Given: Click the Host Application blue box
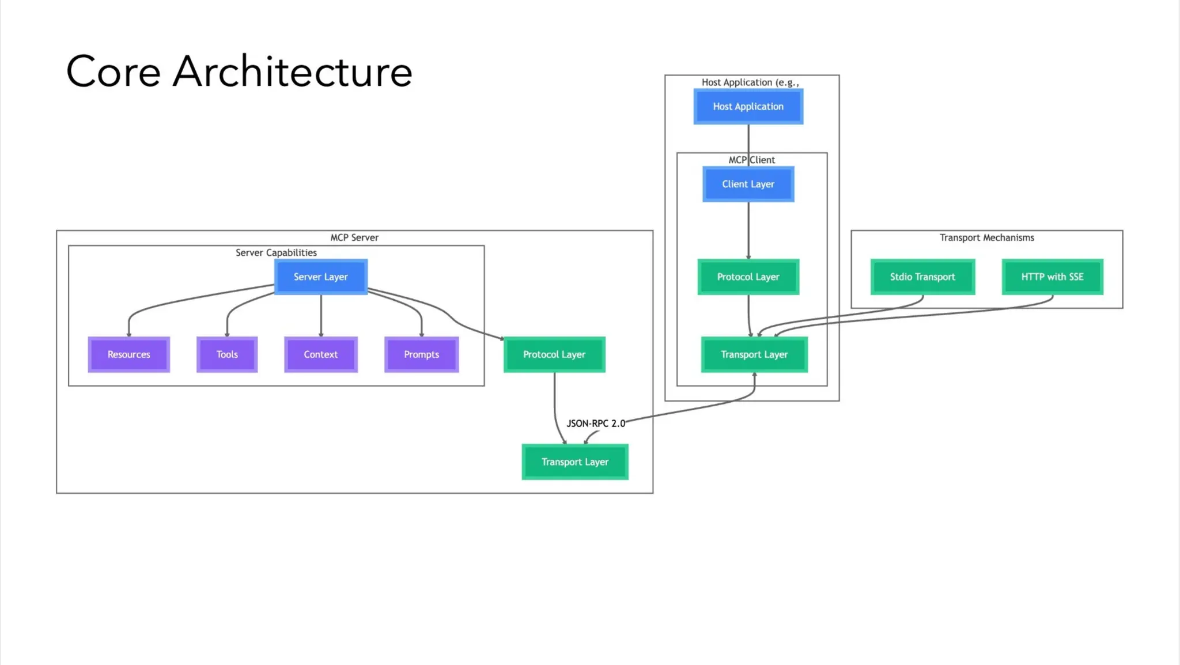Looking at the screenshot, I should pos(748,107).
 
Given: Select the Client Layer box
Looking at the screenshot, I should pos(748,184).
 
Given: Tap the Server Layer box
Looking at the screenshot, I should pos(320,277).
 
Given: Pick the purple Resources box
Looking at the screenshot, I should pos(128,354).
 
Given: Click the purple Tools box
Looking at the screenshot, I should pos(226,354).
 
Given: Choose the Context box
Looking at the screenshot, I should pos(320,354).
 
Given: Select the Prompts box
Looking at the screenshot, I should pos(421,354).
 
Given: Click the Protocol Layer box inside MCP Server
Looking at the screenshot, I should pos(554,354).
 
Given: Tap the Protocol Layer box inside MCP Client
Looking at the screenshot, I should pos(748,277).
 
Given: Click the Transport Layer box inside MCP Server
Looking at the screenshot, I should pos(574,462).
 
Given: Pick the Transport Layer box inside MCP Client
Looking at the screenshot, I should pos(754,354).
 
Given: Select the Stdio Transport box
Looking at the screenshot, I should pos(922,277).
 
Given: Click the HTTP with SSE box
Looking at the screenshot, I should pos(1052,277).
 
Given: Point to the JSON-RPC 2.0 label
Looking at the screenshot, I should pos(596,424).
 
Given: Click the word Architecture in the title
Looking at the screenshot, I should pos(292,72).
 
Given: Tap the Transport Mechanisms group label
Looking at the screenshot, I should pos(986,238).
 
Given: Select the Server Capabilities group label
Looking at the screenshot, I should pos(276,253).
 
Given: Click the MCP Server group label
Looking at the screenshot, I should pos(354,238).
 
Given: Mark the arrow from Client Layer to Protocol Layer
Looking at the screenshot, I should pos(748,231).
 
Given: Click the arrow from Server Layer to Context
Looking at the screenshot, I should pos(321,316).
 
